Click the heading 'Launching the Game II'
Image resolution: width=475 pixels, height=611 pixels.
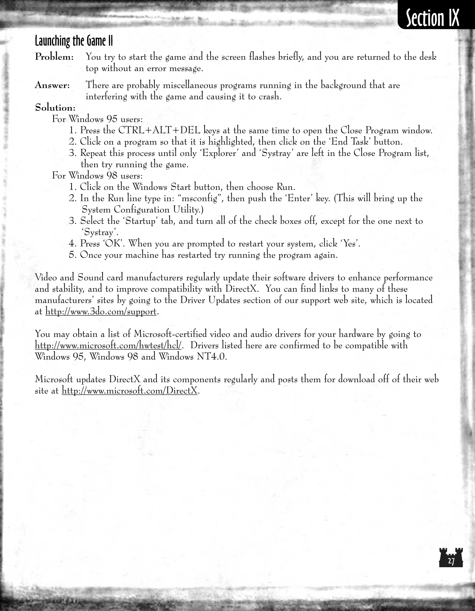click(74, 41)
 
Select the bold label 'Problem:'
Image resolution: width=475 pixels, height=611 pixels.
click(54, 57)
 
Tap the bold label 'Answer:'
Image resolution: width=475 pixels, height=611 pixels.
click(52, 85)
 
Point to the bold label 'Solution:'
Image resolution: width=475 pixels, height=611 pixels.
click(55, 108)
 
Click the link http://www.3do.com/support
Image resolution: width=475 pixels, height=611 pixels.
click(101, 312)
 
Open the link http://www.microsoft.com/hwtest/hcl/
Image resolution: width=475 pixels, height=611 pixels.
click(108, 346)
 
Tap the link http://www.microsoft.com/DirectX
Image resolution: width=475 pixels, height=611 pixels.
click(129, 391)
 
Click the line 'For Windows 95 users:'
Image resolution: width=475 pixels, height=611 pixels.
click(97, 119)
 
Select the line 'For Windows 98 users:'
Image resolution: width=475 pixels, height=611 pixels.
click(97, 176)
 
